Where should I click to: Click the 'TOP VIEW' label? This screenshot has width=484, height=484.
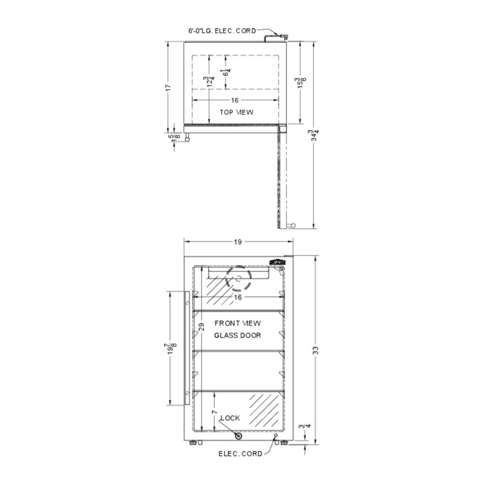237,112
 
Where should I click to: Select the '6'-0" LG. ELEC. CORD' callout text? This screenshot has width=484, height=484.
222,30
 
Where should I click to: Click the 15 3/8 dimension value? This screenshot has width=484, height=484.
302,82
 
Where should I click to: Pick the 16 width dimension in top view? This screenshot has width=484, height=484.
235,100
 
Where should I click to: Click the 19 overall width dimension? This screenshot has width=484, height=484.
238,242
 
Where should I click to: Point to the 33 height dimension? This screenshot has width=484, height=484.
316,351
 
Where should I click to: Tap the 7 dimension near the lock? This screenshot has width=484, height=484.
213,412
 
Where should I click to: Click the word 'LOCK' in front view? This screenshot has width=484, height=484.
230,418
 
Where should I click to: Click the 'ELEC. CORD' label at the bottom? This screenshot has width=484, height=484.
241,454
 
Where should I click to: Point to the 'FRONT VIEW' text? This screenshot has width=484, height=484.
238,323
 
